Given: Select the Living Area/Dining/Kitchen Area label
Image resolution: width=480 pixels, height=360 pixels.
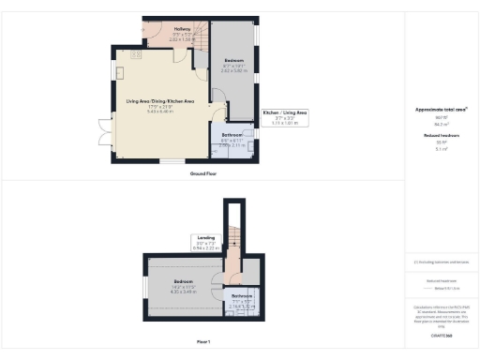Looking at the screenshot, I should click(x=160, y=101).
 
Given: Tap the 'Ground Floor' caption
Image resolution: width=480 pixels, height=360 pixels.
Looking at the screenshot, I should click(x=204, y=173).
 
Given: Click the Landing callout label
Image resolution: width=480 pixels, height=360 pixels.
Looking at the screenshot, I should click(x=206, y=238).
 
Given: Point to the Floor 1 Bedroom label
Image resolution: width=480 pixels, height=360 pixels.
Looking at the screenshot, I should click(x=183, y=281).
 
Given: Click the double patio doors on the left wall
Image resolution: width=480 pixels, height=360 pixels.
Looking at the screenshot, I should click(x=110, y=127).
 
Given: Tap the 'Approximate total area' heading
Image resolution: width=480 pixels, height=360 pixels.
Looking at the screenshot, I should click(x=441, y=110).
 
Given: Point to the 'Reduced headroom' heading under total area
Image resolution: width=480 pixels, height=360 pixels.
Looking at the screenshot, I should click(x=441, y=135).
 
